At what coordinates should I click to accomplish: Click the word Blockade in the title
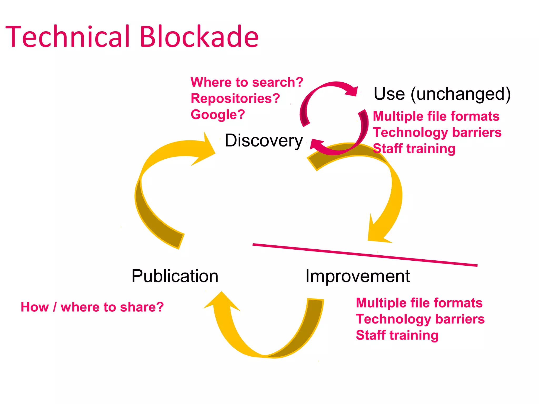click(199, 37)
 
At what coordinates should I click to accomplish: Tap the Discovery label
click(263, 141)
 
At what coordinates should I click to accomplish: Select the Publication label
click(175, 276)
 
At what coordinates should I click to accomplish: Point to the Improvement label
click(357, 276)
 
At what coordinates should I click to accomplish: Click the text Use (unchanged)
click(442, 94)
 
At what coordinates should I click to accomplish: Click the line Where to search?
click(247, 82)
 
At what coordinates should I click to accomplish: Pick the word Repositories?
click(235, 99)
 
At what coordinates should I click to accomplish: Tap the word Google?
click(218, 115)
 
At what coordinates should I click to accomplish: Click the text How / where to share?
click(92, 307)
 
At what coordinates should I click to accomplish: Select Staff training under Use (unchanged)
click(414, 149)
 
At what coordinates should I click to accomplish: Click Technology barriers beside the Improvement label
click(420, 319)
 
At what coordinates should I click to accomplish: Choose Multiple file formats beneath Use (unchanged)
click(436, 116)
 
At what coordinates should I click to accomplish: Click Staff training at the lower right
click(397, 335)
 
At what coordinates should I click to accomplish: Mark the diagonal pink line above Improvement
click(365, 255)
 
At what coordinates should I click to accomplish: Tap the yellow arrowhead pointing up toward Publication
click(222, 302)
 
